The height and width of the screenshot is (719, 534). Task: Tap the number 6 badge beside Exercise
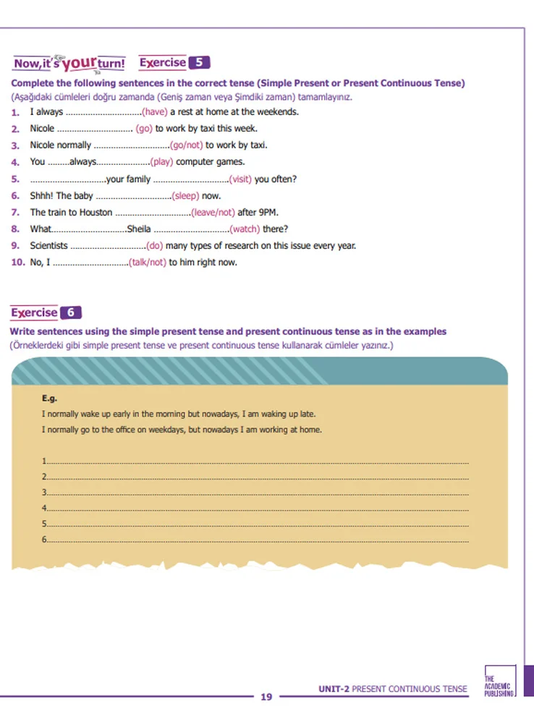70,312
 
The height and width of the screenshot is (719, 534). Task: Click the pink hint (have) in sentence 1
154,112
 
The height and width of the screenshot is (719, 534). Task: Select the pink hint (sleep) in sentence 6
185,196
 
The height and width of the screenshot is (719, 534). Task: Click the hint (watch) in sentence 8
245,229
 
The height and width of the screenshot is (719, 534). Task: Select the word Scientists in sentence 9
48,246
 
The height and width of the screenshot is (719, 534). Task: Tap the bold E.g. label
49,398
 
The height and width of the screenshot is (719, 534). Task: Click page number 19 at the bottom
266,697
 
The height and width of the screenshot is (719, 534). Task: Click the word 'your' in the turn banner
79,63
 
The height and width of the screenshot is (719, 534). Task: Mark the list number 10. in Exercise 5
18,263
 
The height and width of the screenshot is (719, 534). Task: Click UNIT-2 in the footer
334,689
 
